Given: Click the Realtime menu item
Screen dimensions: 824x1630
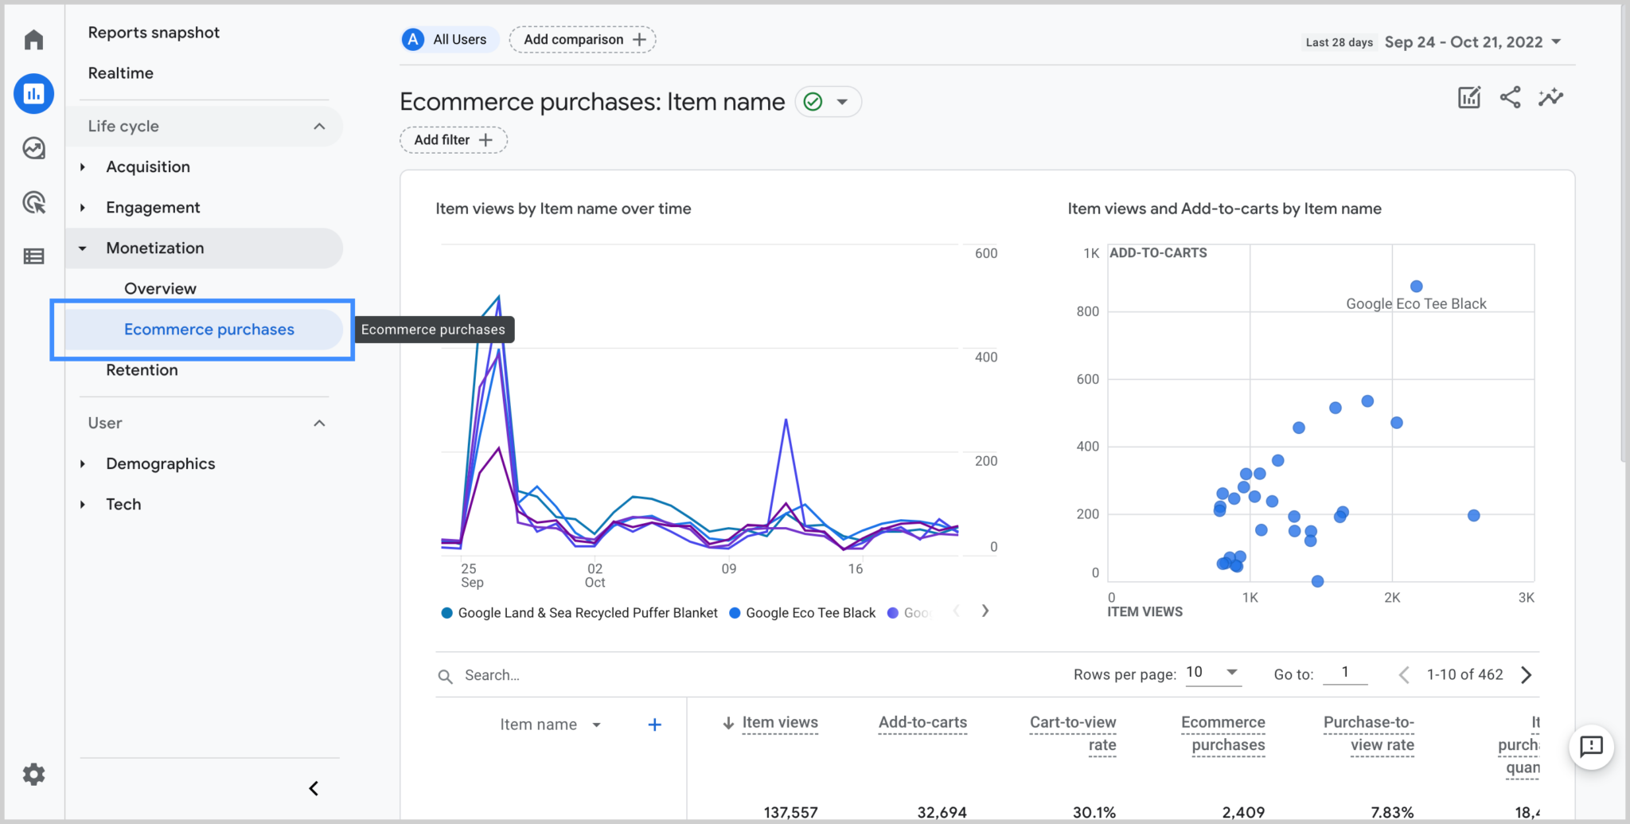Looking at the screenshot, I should pyautogui.click(x=120, y=73).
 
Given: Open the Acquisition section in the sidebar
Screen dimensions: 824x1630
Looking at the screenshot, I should pyautogui.click(x=148, y=167).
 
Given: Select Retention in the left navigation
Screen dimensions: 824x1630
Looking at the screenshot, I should pyautogui.click(x=142, y=370).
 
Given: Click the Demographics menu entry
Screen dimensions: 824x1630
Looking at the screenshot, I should pyautogui.click(x=160, y=464).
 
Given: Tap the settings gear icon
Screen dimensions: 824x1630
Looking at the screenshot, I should pyautogui.click(x=33, y=774).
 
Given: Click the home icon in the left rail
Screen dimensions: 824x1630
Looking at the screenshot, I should pyautogui.click(x=33, y=40).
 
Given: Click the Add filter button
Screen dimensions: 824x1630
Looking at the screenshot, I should pyautogui.click(x=453, y=140).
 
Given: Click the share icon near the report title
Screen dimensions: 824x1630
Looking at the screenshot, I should pyautogui.click(x=1510, y=98).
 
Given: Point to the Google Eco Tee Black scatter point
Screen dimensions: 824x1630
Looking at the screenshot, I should pyautogui.click(x=1416, y=287).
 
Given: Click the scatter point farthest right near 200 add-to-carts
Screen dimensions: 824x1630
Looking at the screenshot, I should pyautogui.click(x=1473, y=516).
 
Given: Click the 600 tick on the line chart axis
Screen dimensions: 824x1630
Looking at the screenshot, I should pyautogui.click(x=985, y=253).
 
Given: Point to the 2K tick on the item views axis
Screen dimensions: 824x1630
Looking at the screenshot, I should pyautogui.click(x=1391, y=598).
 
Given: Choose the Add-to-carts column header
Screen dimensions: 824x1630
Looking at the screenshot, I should pyautogui.click(x=922, y=723).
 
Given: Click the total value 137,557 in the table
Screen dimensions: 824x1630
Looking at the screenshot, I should pyautogui.click(x=790, y=812).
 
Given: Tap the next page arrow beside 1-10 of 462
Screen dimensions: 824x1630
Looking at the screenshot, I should pyautogui.click(x=1526, y=675).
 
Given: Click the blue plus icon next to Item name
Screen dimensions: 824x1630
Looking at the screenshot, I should pyautogui.click(x=654, y=724).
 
